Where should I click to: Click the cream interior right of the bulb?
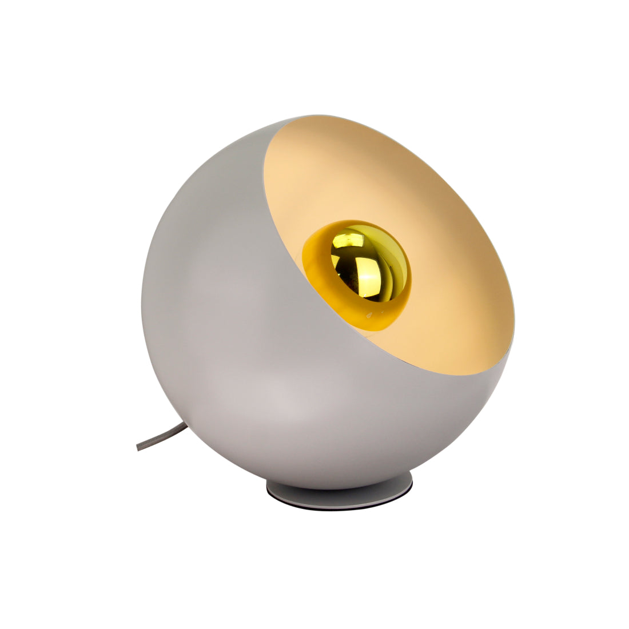coord(457,286)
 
